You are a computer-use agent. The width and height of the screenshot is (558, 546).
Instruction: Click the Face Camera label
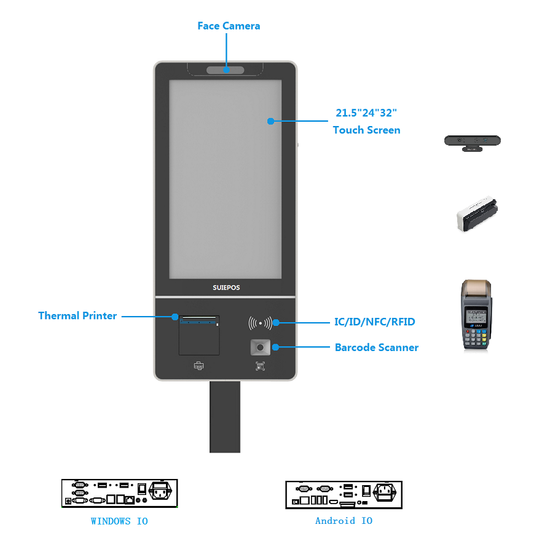(229, 26)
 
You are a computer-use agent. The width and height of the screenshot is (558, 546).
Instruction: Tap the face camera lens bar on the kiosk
(226, 70)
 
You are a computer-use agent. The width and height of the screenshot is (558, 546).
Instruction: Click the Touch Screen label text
(366, 130)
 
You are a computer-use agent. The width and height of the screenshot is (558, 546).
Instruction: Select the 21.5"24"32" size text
(366, 113)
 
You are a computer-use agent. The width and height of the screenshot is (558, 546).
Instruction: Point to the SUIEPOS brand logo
(226, 287)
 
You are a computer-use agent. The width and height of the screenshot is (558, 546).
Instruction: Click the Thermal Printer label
(77, 315)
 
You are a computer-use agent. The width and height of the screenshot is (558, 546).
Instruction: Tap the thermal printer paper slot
(199, 318)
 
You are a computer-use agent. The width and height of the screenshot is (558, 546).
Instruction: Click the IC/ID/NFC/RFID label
(375, 322)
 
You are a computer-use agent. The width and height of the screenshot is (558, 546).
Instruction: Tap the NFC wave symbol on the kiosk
(260, 323)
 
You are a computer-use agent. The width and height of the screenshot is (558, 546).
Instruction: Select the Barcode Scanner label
(377, 347)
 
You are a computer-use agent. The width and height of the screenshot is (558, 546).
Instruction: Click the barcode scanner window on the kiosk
(261, 347)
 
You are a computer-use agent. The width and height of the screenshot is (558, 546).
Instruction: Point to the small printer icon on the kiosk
(199, 366)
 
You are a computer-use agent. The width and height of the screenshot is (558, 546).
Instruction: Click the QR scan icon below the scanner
(260, 366)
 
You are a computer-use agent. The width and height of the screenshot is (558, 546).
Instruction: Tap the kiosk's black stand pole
(225, 417)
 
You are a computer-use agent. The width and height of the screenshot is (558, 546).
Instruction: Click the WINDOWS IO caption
(119, 521)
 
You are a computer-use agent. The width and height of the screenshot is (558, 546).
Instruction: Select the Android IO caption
(344, 521)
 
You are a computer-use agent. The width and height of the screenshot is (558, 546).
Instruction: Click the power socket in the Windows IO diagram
(160, 491)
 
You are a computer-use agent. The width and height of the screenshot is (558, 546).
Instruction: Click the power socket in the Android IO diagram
(385, 492)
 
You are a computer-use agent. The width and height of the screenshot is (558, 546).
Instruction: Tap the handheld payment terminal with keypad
(476, 314)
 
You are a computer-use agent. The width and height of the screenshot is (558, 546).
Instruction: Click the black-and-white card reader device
(477, 213)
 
